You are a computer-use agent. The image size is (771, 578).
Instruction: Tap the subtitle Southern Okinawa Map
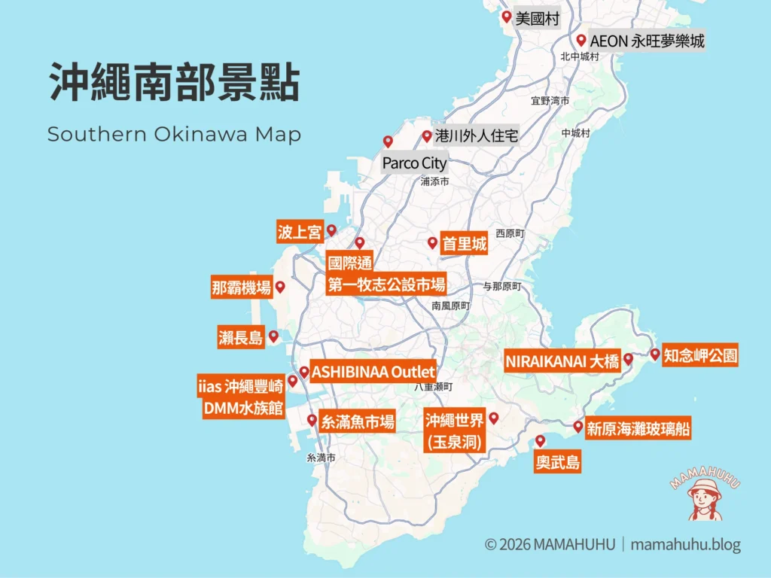174,135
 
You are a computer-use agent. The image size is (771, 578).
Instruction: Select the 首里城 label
464,244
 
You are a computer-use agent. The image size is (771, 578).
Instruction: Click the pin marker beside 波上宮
331,230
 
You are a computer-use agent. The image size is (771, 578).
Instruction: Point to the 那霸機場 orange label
241,287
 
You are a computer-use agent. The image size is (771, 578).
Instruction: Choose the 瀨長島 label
241,338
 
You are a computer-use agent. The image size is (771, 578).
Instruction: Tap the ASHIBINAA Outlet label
373,372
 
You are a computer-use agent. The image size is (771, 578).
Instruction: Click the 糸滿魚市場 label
358,421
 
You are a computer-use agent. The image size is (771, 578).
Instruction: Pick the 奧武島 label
558,462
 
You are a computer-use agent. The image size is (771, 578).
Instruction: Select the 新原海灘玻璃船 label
638,428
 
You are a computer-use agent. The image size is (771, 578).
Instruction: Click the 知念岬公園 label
700,355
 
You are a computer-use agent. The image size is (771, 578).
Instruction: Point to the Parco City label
414,163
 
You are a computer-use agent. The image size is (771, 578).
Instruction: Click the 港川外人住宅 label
477,137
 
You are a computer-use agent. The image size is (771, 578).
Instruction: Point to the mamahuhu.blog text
685,544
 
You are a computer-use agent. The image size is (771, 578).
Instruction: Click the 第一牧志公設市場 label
386,284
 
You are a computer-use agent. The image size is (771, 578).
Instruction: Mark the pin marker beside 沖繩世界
494,417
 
